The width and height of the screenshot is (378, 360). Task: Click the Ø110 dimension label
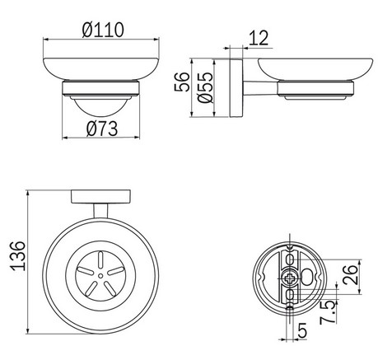pos(102,30)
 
